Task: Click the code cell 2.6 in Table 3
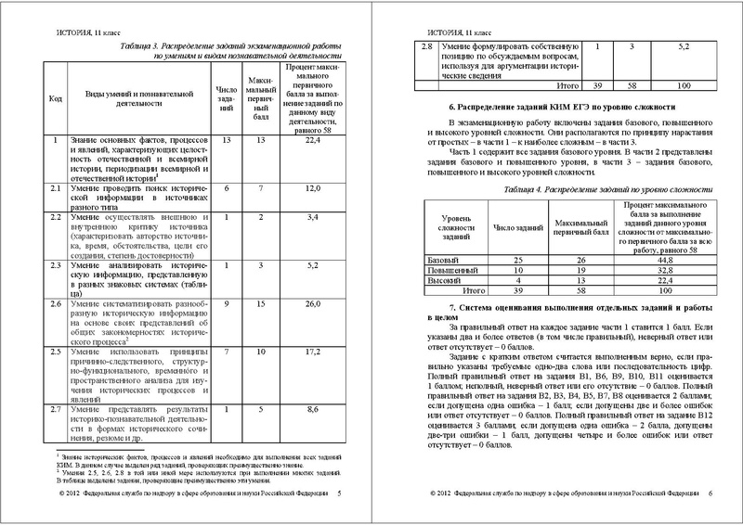coord(55,303)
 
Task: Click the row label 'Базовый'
coord(443,261)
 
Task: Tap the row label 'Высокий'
coord(443,280)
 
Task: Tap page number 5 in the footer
coord(339,494)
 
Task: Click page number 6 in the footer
coord(709,494)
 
